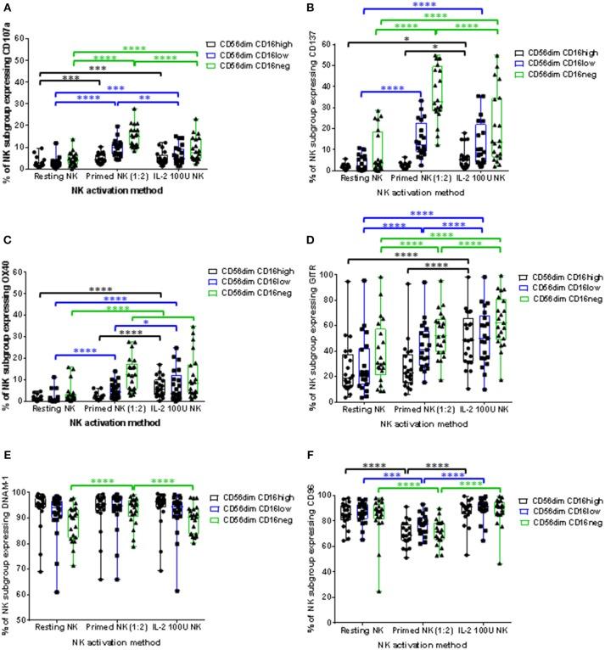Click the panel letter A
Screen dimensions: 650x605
(x=6, y=7)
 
